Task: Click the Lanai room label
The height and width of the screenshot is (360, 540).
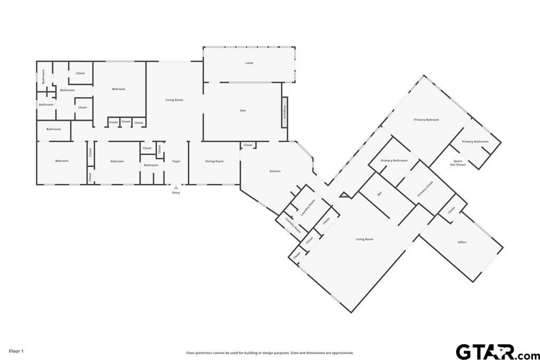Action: click(x=249, y=63)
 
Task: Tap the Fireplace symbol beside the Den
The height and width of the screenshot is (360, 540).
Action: click(x=284, y=112)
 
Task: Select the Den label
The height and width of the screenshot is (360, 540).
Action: click(x=243, y=111)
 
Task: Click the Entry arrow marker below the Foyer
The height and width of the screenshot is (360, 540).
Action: click(x=176, y=188)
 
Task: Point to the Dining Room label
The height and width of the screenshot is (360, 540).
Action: click(x=214, y=161)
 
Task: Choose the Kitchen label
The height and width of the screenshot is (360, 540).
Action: click(x=275, y=171)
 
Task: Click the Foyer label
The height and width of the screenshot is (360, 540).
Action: click(x=176, y=161)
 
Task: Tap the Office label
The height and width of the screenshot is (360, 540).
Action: click(x=462, y=242)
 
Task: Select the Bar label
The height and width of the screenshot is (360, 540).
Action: click(x=380, y=194)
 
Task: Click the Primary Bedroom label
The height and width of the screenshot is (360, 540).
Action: click(x=426, y=120)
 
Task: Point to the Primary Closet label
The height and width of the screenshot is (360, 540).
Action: click(x=425, y=189)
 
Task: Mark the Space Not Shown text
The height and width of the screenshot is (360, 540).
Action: click(x=458, y=163)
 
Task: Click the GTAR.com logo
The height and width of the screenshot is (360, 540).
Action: click(x=497, y=352)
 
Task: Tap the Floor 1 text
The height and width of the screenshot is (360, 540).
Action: click(x=16, y=351)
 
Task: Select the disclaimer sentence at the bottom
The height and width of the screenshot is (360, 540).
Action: click(x=269, y=353)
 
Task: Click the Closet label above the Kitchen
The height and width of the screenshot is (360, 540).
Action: click(x=248, y=145)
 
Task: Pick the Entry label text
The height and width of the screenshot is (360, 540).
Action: click(x=176, y=193)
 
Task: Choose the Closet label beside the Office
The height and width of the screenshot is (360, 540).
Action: click(x=451, y=210)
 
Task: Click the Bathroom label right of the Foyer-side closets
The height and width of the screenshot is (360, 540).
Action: click(x=151, y=165)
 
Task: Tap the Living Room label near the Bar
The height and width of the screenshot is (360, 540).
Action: click(x=364, y=239)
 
